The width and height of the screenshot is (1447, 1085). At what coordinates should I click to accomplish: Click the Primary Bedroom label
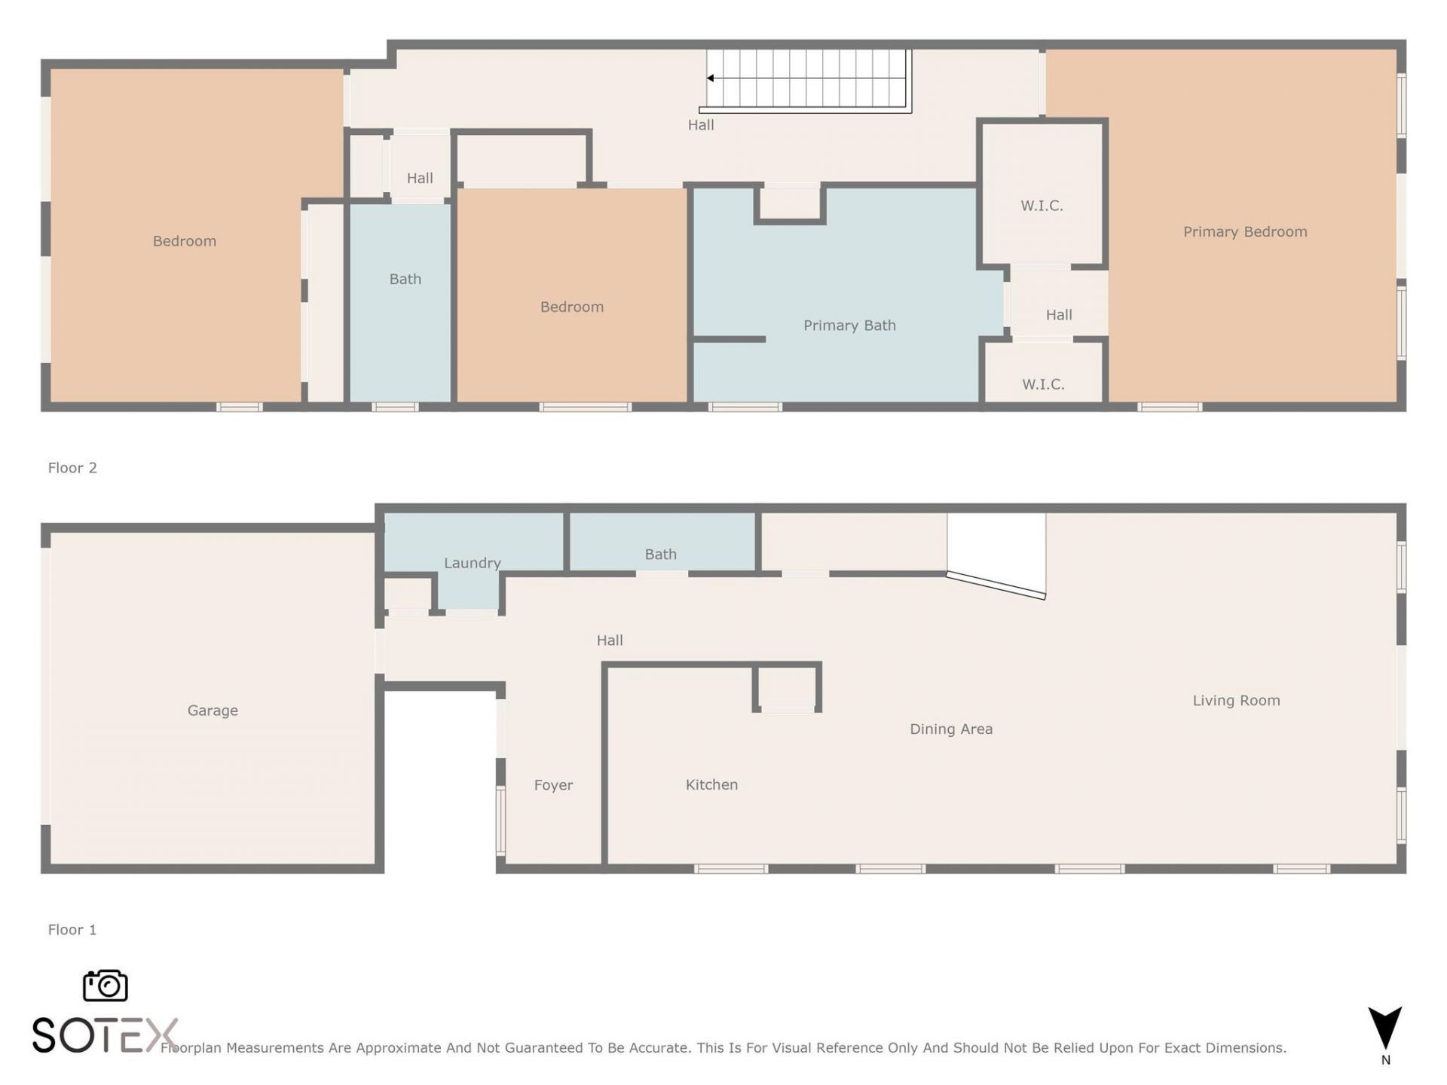click(x=1245, y=232)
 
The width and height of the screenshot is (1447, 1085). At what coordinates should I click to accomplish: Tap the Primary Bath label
click(x=849, y=325)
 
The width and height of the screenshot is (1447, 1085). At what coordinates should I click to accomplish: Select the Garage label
click(x=213, y=711)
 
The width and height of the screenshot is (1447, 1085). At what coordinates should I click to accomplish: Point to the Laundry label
click(x=472, y=563)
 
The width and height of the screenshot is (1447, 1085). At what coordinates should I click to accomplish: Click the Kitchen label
click(x=711, y=784)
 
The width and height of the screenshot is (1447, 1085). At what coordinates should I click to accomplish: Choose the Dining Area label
click(x=951, y=729)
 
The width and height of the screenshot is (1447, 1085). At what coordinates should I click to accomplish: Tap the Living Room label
click(x=1236, y=701)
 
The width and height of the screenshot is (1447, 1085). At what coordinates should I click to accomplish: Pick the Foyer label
click(x=553, y=785)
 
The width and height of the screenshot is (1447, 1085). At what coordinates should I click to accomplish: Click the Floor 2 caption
click(x=72, y=468)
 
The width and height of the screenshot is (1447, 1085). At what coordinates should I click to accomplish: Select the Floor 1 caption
click(x=72, y=930)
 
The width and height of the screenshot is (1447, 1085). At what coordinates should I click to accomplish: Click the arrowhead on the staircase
click(x=710, y=78)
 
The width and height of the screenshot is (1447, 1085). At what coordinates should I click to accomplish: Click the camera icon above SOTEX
click(x=106, y=986)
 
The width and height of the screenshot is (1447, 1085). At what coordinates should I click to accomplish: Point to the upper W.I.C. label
click(x=1042, y=206)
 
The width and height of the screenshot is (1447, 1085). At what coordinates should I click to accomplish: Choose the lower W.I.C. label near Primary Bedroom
click(x=1043, y=384)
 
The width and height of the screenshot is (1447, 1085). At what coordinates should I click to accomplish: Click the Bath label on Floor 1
click(x=660, y=555)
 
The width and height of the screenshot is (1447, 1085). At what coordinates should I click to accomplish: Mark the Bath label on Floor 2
click(x=405, y=280)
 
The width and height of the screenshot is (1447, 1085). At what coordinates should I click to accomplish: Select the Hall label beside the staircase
click(x=701, y=125)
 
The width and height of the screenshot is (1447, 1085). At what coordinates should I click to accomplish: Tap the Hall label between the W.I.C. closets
click(x=1059, y=315)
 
